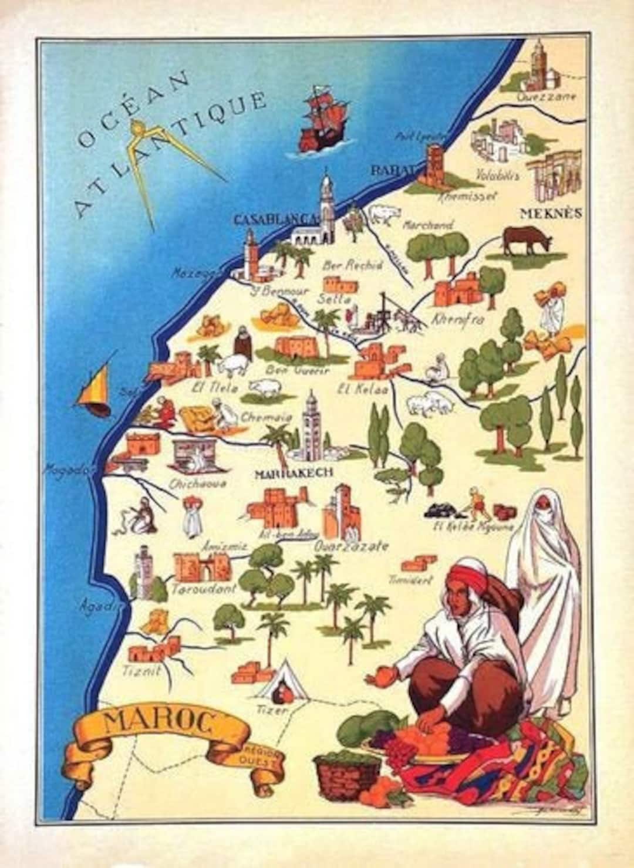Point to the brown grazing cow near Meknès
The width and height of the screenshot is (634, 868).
click(527, 240)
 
